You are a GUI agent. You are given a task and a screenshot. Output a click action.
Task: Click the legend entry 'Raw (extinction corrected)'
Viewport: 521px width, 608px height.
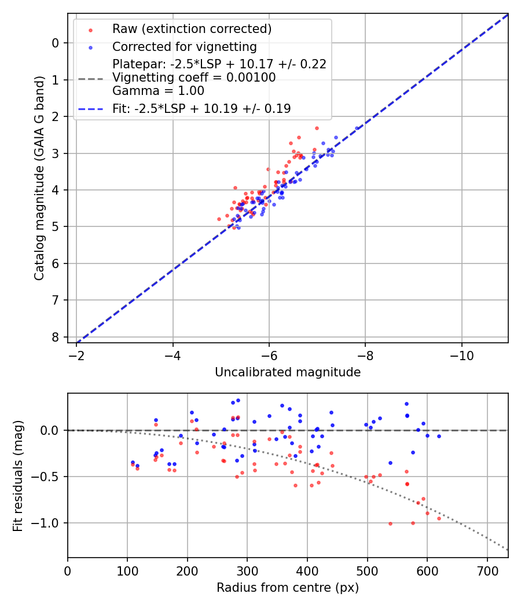click(192, 29)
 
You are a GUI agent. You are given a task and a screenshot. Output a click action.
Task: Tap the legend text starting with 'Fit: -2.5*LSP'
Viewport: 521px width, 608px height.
click(201, 108)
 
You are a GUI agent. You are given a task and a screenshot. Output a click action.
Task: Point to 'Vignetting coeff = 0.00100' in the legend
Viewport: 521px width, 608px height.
click(194, 78)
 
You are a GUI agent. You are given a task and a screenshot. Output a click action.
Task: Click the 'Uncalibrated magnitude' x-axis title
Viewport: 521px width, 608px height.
click(288, 372)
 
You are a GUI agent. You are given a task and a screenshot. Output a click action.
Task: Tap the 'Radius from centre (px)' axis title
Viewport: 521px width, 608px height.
click(288, 588)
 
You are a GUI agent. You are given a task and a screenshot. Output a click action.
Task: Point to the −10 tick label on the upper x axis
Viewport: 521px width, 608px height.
click(461, 354)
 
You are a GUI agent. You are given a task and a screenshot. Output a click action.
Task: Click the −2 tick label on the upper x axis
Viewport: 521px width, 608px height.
click(77, 354)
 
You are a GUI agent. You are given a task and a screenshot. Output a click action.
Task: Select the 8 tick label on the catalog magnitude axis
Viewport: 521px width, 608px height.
click(56, 337)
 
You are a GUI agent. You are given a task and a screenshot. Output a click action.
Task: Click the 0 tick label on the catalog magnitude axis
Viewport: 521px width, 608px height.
click(56, 43)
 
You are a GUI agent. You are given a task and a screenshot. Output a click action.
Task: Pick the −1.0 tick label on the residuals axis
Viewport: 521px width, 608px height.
click(46, 523)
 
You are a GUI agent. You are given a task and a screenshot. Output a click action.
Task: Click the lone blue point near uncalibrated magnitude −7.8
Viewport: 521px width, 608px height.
click(357, 128)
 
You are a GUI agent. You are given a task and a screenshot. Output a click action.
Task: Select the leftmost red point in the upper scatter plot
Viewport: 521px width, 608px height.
click(219, 219)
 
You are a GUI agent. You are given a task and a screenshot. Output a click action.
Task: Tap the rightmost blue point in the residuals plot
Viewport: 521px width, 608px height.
click(439, 436)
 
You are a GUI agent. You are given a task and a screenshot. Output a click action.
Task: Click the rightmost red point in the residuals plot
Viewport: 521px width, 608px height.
click(439, 518)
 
